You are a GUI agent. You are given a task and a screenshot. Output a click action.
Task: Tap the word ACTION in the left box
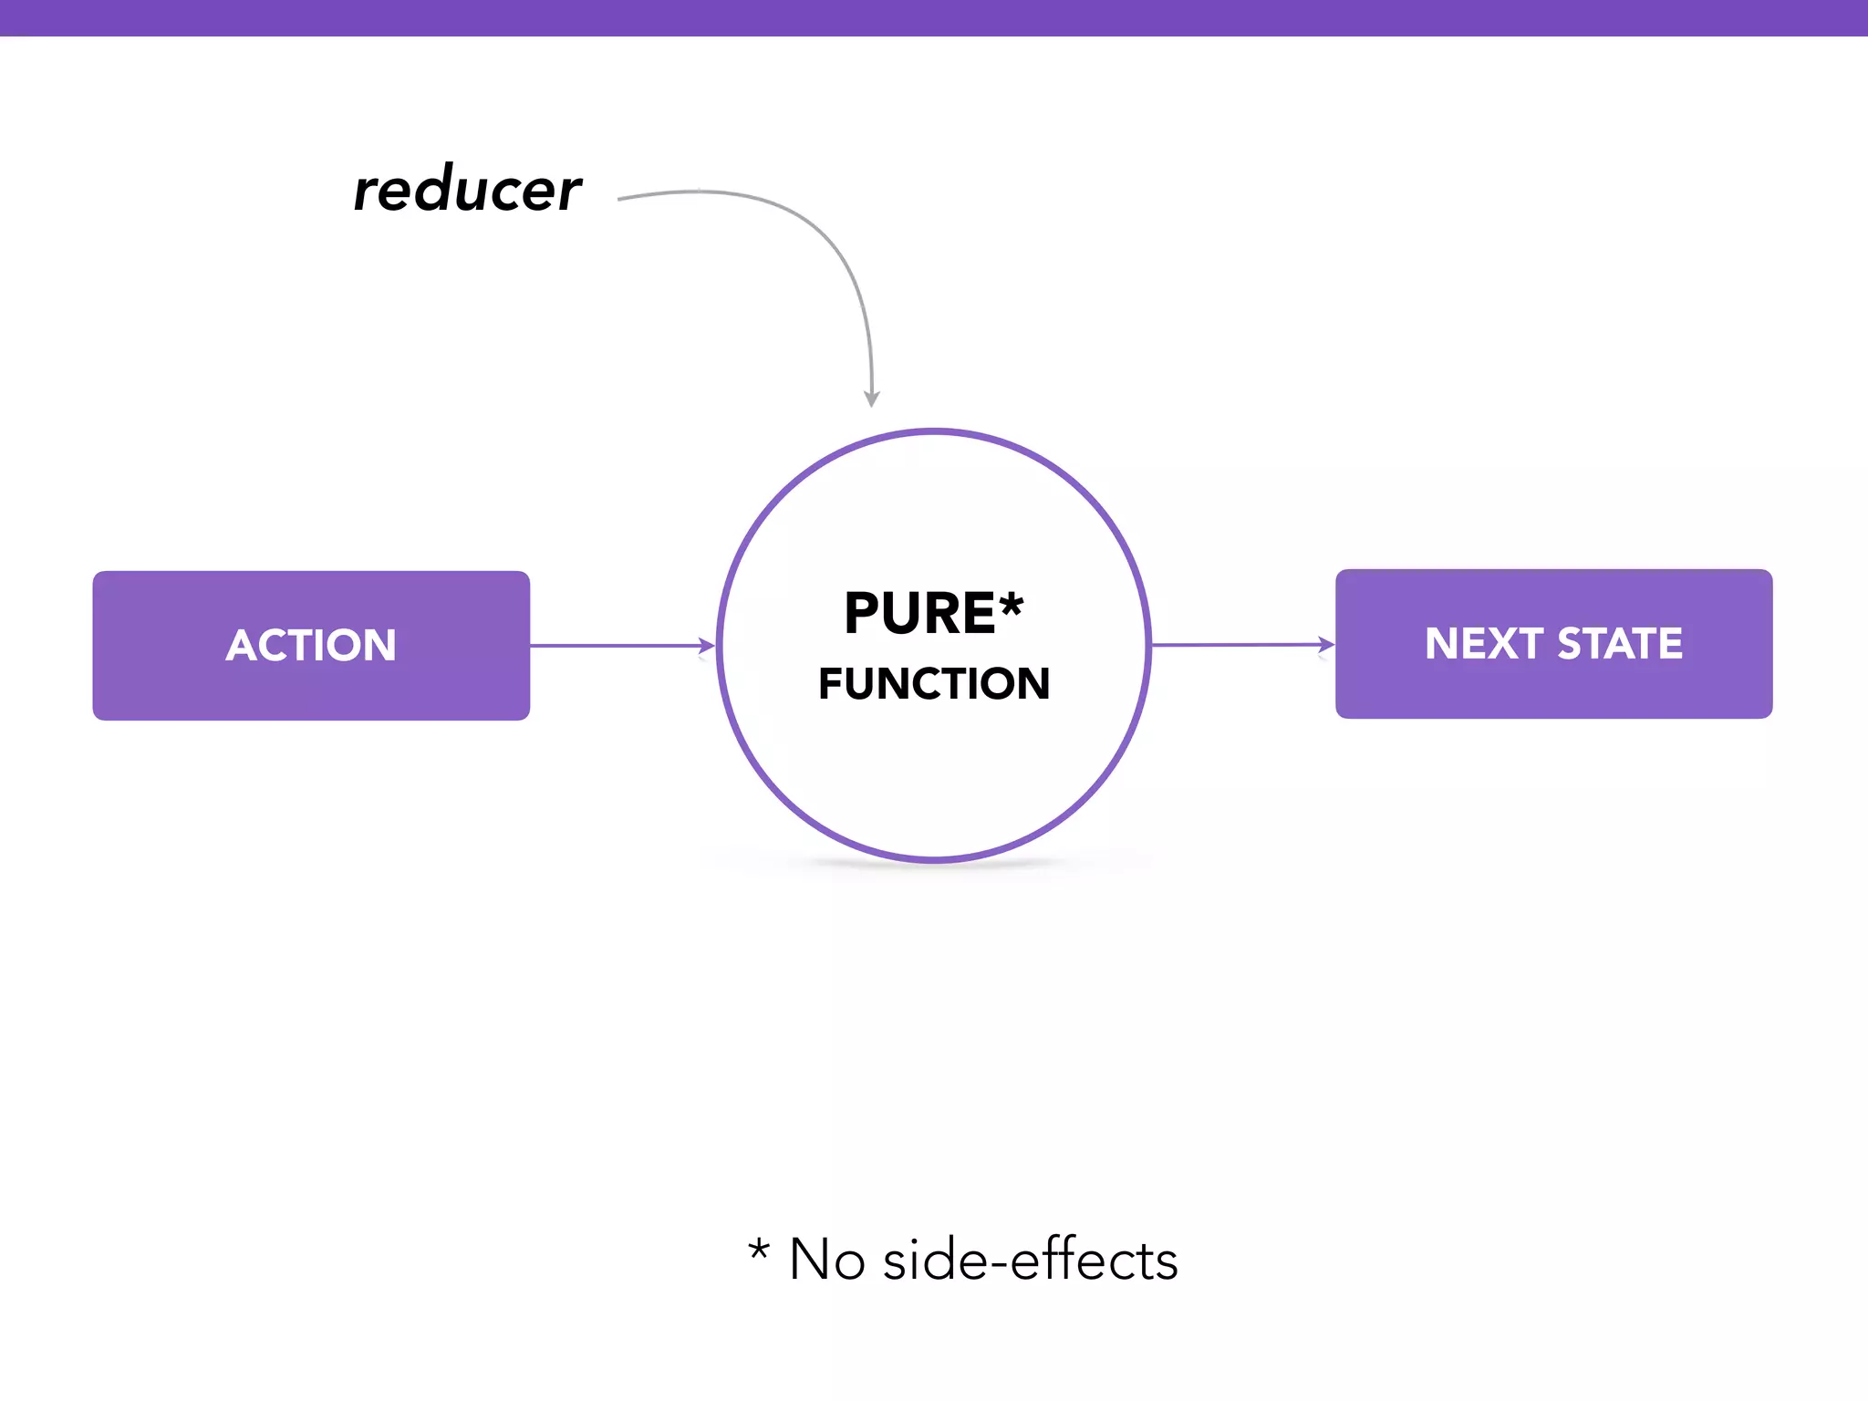pyautogui.click(x=311, y=646)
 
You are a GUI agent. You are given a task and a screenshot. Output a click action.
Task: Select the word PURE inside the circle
pyautogui.click(x=919, y=613)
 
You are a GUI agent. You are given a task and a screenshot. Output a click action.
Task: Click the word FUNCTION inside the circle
pyautogui.click(x=934, y=684)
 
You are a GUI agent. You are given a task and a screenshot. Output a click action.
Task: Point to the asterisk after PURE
pyautogui.click(x=1012, y=605)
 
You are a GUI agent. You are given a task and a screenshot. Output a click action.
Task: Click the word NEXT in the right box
pyautogui.click(x=1484, y=644)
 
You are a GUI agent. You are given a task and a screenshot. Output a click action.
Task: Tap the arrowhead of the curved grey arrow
pyautogui.click(x=872, y=399)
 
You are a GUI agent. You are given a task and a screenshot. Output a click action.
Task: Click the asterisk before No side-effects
pyautogui.click(x=759, y=1249)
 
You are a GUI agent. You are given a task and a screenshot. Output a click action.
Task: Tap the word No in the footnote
pyautogui.click(x=826, y=1261)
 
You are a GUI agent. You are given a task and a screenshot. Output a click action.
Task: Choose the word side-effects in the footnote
pyautogui.click(x=1031, y=1261)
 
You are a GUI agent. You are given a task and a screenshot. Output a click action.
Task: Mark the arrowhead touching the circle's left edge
pyautogui.click(x=707, y=646)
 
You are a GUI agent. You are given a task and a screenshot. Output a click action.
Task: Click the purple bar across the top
pyautogui.click(x=934, y=17)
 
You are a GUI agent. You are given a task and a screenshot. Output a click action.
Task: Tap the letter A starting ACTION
pyautogui.click(x=240, y=646)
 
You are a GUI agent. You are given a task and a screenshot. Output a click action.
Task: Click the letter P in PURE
pyautogui.click(x=861, y=613)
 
